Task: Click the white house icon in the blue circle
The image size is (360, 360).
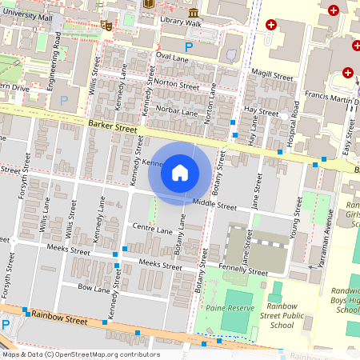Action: click(180, 172)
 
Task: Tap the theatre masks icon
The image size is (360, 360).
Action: click(106, 25)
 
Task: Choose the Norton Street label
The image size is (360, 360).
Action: click(178, 85)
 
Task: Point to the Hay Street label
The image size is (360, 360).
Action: click(261, 109)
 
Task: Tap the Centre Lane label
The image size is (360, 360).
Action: click(153, 230)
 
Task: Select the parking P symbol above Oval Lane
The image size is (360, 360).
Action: click(189, 47)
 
